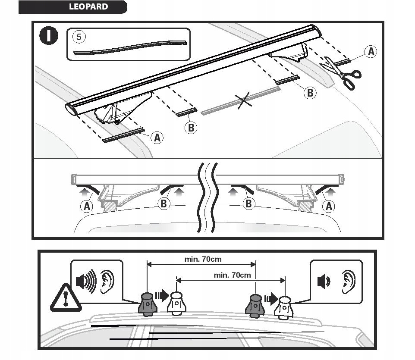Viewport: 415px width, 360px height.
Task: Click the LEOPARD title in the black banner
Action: click(x=88, y=7)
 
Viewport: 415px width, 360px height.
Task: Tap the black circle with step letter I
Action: click(x=49, y=36)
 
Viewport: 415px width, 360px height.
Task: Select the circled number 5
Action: click(x=79, y=36)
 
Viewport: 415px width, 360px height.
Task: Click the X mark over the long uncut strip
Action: click(x=244, y=101)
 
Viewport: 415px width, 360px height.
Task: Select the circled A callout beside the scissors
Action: click(x=370, y=52)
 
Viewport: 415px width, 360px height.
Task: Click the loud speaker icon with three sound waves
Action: click(x=86, y=282)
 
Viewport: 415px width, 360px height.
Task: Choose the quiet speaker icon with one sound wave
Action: click(x=324, y=282)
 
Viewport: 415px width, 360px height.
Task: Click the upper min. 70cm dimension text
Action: click(x=203, y=260)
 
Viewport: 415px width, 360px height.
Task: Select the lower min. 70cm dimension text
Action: click(x=232, y=275)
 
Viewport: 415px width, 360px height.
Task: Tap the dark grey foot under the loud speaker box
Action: click(x=147, y=303)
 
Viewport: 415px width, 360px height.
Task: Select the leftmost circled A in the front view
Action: click(x=87, y=206)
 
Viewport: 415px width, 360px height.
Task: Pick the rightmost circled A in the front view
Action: click(x=329, y=206)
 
